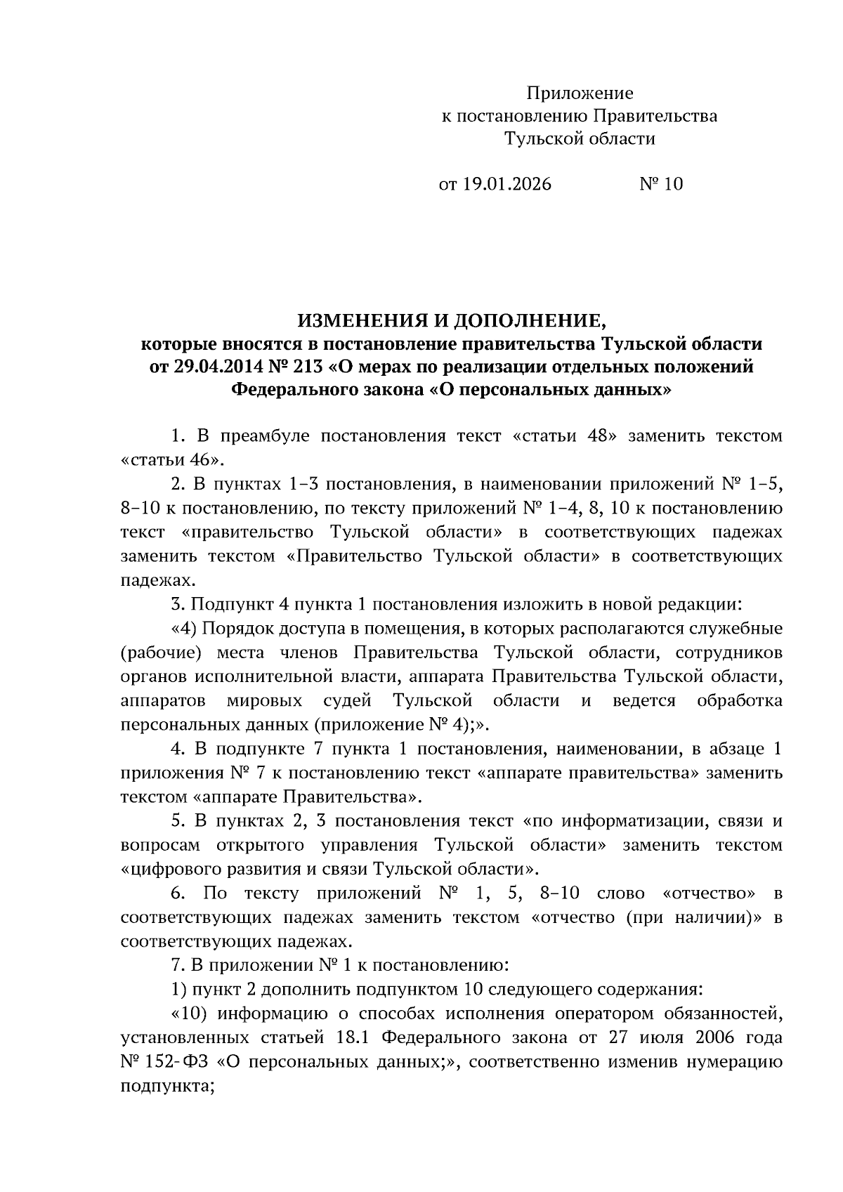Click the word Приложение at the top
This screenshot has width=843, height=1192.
(x=580, y=93)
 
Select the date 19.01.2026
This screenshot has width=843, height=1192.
(x=507, y=185)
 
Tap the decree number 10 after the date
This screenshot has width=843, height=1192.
(x=672, y=185)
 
